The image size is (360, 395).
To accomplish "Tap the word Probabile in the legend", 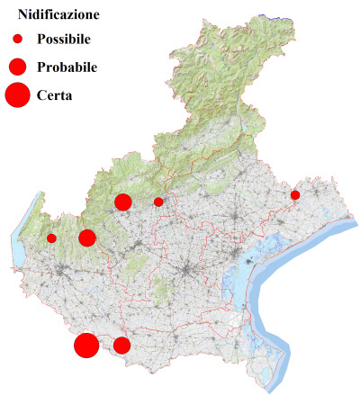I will pyautogui.click(x=67, y=67).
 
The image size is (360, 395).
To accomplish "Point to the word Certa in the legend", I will pyautogui.click(x=54, y=94).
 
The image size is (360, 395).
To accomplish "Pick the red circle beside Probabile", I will pyautogui.click(x=17, y=67).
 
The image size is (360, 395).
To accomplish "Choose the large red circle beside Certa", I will pyautogui.click(x=17, y=94).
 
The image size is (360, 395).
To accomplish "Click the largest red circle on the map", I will pyautogui.click(x=86, y=346).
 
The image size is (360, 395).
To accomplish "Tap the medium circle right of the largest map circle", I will pyautogui.click(x=121, y=345).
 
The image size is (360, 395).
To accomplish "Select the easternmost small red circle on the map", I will pyautogui.click(x=295, y=194).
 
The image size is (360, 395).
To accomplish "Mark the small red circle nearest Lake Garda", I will pyautogui.click(x=51, y=238).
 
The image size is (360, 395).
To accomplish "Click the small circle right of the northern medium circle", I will pyautogui.click(x=158, y=202).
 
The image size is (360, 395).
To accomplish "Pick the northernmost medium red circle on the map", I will pyautogui.click(x=123, y=202).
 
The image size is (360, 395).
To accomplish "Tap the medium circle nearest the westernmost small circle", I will pyautogui.click(x=87, y=238).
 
